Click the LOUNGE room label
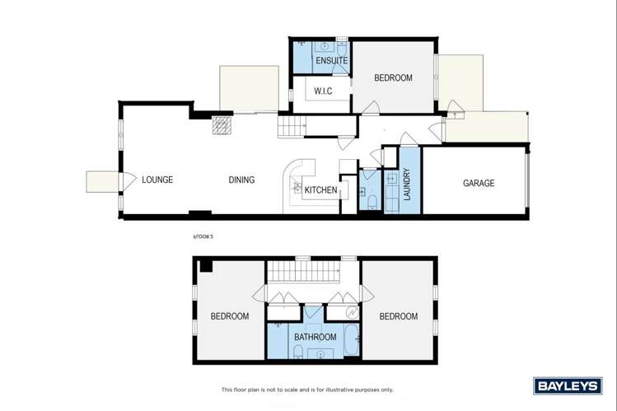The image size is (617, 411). click(157, 180)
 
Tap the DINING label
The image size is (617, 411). click(241, 180)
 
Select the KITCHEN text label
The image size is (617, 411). click(320, 190)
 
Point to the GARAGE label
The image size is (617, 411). click(478, 183)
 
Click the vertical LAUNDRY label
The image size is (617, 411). click(407, 185)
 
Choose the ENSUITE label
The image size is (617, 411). click(330, 61)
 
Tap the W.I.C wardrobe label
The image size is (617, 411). click(322, 91)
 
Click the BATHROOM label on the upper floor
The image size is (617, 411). click(316, 337)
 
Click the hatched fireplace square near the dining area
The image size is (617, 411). click(222, 125)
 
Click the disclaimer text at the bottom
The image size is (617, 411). click(307, 390)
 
